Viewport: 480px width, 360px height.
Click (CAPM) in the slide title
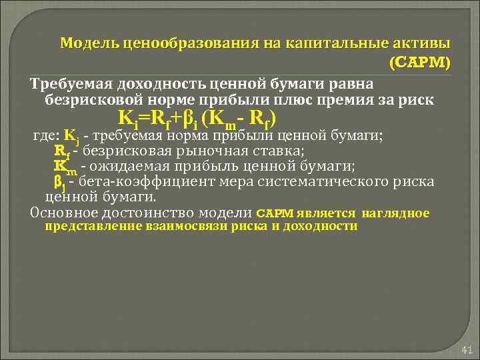point(419,63)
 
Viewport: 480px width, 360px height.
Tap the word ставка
point(271,151)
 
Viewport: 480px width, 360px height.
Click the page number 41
point(466,350)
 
